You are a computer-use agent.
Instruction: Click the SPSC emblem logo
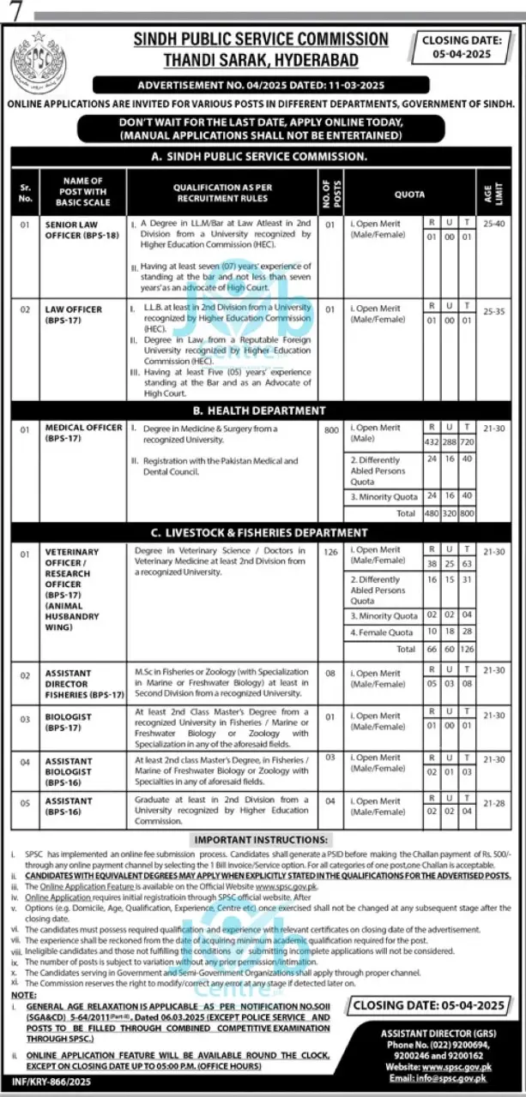(x=38, y=64)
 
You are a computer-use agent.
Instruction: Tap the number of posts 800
(x=331, y=430)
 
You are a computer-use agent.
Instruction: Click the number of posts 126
(x=331, y=553)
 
